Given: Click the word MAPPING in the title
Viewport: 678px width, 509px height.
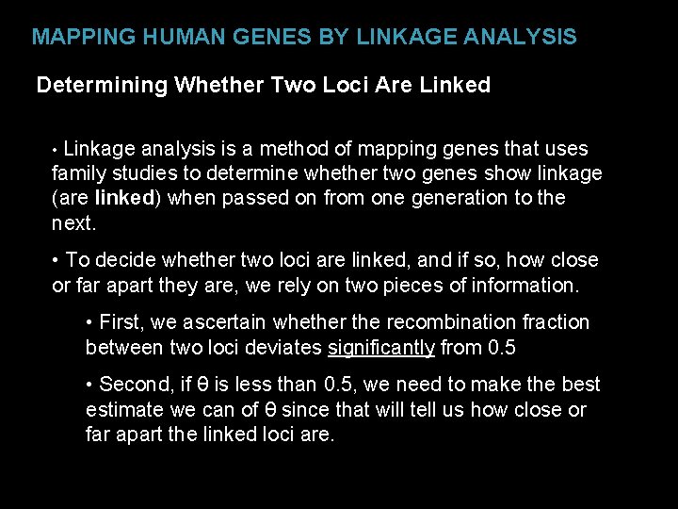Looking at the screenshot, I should click(x=74, y=38).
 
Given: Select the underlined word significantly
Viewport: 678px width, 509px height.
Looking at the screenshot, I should click(x=380, y=348).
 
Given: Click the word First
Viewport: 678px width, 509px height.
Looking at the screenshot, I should click(x=122, y=322).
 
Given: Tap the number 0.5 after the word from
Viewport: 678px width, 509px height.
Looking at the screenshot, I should click(x=502, y=348).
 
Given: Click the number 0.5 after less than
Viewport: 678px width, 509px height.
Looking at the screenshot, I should click(x=338, y=385).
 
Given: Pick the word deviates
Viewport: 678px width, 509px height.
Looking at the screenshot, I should click(x=286, y=348).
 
